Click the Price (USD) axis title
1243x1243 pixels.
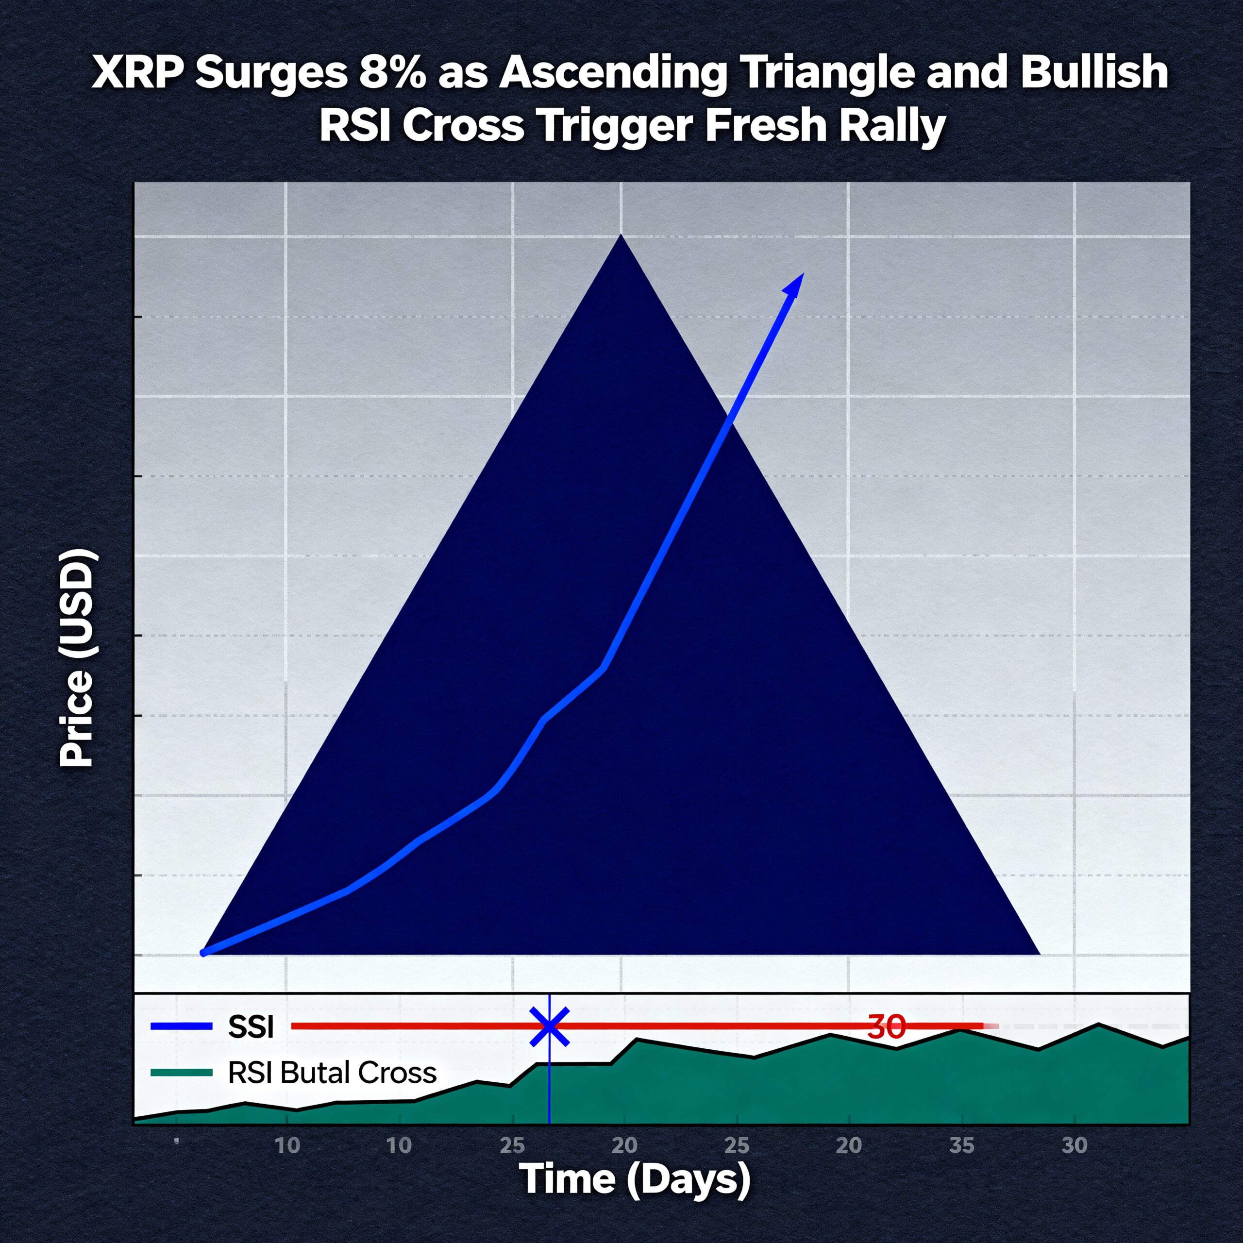pyautogui.click(x=77, y=657)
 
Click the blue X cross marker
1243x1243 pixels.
pyautogui.click(x=549, y=1025)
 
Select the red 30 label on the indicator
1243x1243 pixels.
pyautogui.click(x=887, y=1027)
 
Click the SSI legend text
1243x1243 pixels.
pyautogui.click(x=251, y=1027)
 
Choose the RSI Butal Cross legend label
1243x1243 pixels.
pyautogui.click(x=332, y=1073)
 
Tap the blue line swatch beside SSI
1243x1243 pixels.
pyautogui.click(x=182, y=1027)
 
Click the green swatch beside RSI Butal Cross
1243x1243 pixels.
pyautogui.click(x=182, y=1072)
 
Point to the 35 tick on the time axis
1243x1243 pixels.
pyautogui.click(x=962, y=1146)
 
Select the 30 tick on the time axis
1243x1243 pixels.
pyautogui.click(x=1075, y=1146)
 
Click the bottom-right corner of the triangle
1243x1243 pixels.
pyautogui.click(x=1040, y=954)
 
